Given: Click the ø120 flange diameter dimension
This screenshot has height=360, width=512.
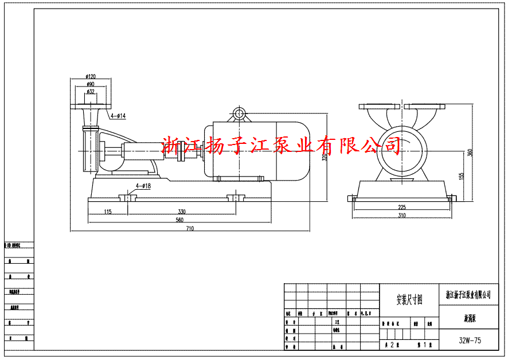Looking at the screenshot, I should point(91,76).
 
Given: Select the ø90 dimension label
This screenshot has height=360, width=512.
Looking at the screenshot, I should point(91,84).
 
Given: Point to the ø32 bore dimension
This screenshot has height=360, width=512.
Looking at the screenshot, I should point(91,91).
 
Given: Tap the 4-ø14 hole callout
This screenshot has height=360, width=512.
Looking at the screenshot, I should point(118,116).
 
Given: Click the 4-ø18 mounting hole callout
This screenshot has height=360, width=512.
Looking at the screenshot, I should point(143,186).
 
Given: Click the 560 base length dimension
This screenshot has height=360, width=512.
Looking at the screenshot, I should point(179,220).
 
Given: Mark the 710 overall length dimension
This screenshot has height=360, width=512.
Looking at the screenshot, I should point(190,229).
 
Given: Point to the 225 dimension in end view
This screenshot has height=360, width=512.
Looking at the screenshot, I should point(401,207).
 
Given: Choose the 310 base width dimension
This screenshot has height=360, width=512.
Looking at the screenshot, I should point(401,216).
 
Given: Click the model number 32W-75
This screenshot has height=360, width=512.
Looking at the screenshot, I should point(470,340).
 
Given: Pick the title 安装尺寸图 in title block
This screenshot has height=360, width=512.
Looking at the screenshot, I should point(409,299).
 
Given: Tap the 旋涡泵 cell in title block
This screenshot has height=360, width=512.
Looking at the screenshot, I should point(469,316).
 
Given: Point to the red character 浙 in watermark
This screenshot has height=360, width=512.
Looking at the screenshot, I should point(171,147).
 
